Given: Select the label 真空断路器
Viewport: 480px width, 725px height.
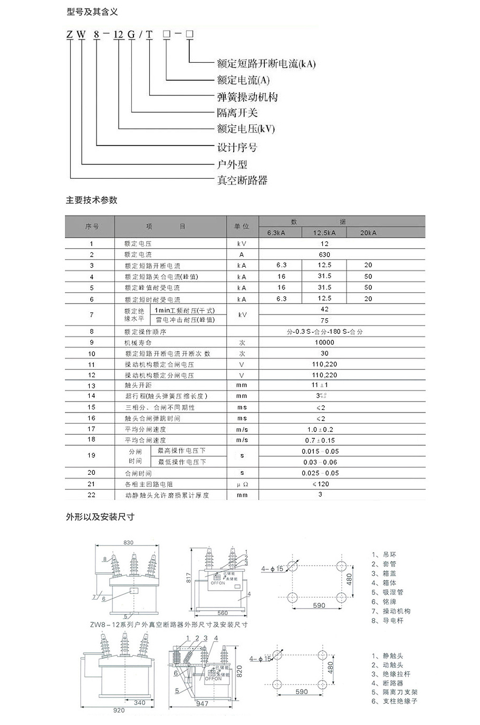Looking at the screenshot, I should click(x=242, y=180).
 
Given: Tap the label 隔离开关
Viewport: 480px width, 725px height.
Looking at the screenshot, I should click(x=237, y=113).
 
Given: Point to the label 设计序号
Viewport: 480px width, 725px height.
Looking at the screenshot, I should click(x=237, y=148).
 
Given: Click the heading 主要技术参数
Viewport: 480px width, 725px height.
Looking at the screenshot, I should click(x=92, y=200).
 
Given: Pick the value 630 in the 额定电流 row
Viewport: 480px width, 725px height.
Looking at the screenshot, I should click(x=324, y=254).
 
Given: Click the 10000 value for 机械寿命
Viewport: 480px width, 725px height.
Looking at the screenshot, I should click(x=324, y=342).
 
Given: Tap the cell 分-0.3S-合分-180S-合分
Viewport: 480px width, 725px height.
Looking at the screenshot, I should click(x=324, y=332).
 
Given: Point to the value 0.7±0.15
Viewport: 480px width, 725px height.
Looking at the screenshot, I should click(x=320, y=440).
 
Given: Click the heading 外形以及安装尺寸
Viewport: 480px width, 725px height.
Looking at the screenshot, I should click(x=100, y=517).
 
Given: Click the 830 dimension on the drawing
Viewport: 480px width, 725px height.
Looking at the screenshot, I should click(x=128, y=543).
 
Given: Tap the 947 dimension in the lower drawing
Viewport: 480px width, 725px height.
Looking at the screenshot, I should click(x=202, y=703).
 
